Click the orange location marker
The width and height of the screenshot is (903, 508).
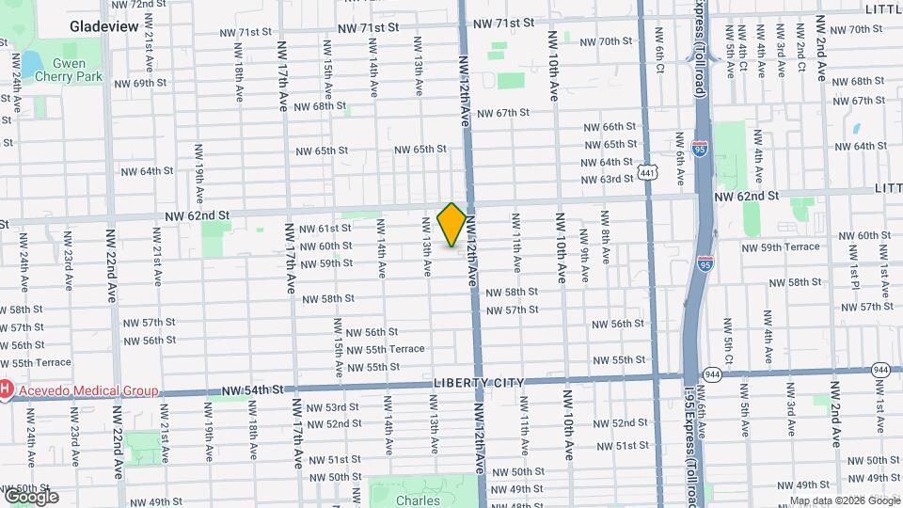click(451, 224)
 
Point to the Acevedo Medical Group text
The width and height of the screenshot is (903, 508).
click(84, 389)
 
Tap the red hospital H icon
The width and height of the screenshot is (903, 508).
click(6, 389)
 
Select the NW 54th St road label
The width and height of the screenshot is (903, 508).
click(252, 389)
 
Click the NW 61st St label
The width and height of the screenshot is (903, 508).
click(325, 229)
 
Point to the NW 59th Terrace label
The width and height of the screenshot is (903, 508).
click(781, 247)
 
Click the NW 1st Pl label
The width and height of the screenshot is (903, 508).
click(856, 273)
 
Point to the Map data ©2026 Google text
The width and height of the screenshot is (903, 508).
click(844, 500)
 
